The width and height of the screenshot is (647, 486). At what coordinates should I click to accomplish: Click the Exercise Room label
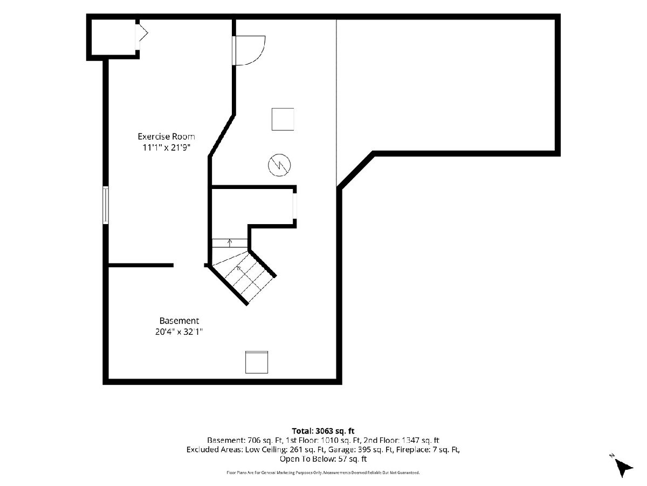166,136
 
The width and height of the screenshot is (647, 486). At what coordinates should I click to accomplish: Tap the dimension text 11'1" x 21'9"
166,147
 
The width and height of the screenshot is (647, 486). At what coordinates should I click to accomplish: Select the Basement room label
179,320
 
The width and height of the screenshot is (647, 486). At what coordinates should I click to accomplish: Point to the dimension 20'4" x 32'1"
179,332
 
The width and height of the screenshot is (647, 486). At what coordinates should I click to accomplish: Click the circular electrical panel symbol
279,165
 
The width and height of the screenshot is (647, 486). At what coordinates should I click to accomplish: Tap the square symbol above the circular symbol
283,119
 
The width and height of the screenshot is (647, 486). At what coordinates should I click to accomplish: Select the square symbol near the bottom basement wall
257,362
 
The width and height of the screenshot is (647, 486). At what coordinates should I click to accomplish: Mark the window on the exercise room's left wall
106,205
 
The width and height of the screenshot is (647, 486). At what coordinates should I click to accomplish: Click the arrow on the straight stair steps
230,243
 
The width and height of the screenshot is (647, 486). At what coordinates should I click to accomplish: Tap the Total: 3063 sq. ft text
323,431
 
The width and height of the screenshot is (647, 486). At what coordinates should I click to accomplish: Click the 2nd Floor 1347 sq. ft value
402,440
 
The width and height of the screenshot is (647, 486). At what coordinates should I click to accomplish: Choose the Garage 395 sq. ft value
360,450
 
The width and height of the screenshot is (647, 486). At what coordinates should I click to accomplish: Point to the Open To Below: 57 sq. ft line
323,459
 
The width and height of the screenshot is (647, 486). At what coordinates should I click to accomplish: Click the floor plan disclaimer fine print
323,473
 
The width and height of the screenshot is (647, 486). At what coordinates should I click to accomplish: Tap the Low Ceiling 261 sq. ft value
285,450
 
